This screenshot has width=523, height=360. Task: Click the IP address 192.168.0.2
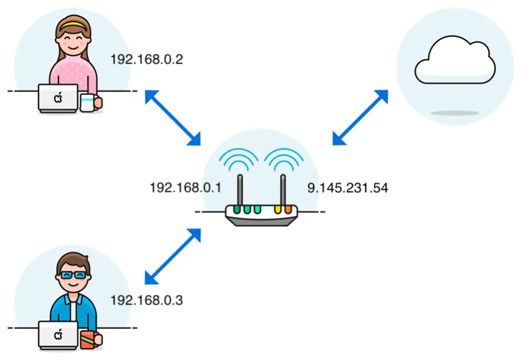coord(146,59)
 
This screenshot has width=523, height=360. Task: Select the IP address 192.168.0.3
coord(146,300)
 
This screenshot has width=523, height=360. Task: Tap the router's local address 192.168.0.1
coord(186,188)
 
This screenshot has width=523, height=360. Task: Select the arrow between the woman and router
coord(172,117)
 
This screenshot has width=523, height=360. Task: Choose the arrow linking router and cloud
coord(360,117)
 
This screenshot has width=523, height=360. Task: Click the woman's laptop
coord(58,98)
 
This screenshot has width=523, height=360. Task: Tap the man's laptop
coord(58,335)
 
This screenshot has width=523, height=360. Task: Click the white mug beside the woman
coord(88,103)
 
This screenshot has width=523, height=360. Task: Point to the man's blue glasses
coord(73,274)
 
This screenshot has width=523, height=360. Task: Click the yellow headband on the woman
coord(73,25)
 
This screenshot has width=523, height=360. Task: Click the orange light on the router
coord(288,209)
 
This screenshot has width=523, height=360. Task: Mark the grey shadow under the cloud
coord(455,112)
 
